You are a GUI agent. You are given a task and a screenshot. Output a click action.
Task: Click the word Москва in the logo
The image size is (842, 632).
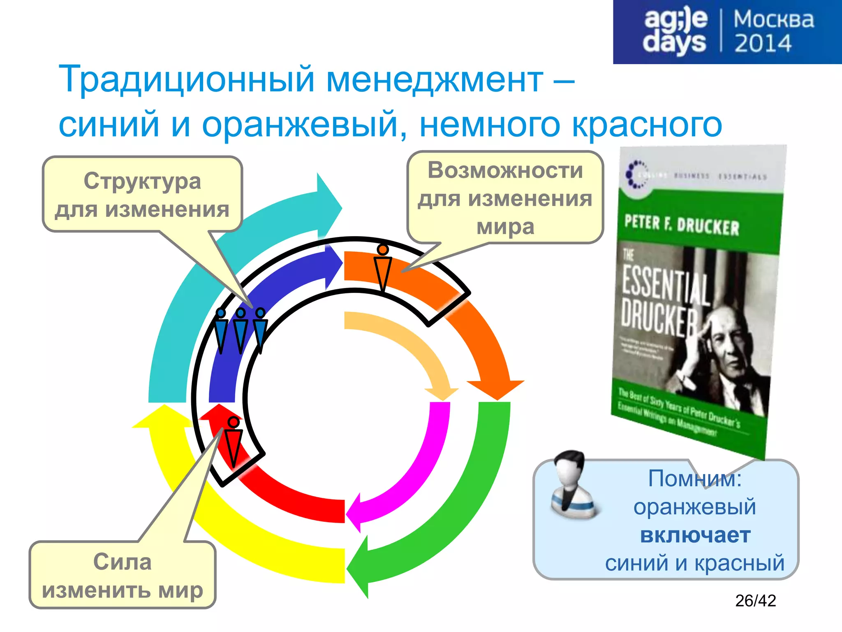773,20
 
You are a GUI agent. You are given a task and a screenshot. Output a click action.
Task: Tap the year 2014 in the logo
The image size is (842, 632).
763,44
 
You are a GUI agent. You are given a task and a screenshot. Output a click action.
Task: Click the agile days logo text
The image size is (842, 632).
675,31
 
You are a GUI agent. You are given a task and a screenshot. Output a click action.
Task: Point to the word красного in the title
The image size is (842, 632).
647,124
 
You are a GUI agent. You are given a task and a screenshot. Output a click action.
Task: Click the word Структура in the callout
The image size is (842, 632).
142,181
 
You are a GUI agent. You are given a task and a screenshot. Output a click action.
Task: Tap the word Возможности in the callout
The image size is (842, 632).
505,170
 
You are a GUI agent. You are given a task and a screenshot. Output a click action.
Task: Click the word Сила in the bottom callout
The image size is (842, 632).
122,562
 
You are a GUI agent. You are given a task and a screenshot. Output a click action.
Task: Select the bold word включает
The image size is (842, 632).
695,535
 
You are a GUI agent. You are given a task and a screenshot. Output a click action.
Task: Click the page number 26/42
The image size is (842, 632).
755,601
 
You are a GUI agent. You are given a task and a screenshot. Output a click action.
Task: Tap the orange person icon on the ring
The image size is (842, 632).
383,267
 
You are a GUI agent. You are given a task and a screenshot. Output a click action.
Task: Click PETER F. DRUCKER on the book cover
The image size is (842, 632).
681,225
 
